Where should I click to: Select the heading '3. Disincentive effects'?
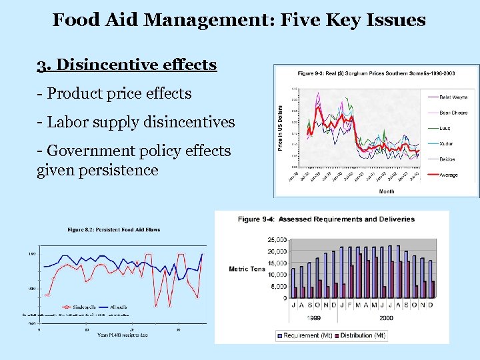click(x=127, y=65)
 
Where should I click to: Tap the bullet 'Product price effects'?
click(x=114, y=93)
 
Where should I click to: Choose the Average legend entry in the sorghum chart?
click(x=449, y=175)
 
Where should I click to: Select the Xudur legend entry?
click(x=447, y=143)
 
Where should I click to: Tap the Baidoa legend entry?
click(x=448, y=159)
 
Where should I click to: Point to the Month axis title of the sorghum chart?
click(x=386, y=191)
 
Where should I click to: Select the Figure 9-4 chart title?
click(x=326, y=219)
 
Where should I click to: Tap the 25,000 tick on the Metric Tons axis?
click(x=276, y=239)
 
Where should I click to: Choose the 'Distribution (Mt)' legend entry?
click(x=361, y=335)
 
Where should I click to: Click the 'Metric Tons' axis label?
click(x=247, y=269)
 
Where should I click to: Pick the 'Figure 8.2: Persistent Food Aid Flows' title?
click(x=114, y=230)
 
